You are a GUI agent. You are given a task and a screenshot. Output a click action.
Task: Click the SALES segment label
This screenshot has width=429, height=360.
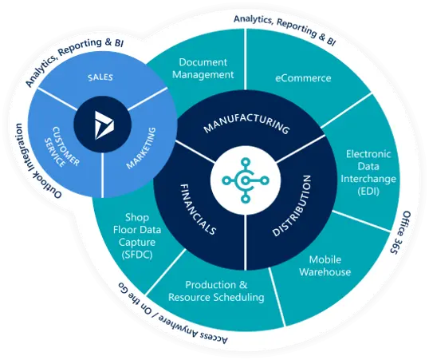[100, 77]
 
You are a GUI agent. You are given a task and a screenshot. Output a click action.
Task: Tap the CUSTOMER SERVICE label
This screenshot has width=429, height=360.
[62, 147]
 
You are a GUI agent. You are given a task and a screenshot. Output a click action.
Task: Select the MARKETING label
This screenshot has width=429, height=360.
[141, 148]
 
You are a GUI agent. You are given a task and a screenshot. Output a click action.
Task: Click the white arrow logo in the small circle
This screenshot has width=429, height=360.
[104, 125]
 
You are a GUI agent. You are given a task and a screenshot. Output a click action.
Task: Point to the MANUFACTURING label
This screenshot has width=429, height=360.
[246, 125]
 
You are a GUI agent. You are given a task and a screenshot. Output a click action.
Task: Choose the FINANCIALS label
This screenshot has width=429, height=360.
[198, 209]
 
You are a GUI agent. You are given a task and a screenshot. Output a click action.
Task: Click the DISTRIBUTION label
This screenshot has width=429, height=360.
[292, 205]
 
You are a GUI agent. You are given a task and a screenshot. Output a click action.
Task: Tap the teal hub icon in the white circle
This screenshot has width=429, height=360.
[246, 180]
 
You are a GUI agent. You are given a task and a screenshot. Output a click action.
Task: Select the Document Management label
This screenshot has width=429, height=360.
[203, 69]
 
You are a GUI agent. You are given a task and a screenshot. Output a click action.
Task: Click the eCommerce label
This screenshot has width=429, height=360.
[303, 78]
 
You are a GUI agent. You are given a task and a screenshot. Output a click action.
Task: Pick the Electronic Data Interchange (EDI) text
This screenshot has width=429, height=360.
[368, 172]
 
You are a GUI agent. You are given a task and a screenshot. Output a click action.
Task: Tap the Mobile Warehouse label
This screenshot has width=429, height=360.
[325, 266]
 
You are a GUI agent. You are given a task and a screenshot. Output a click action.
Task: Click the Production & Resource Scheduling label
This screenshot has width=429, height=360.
[216, 291]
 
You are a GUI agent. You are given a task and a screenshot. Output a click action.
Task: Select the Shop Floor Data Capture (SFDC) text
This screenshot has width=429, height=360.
[137, 236]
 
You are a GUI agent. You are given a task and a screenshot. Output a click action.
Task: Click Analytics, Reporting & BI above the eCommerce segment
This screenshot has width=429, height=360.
[285, 29]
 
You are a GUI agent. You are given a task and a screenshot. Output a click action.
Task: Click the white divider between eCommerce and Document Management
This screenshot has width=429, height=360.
[245, 59]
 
